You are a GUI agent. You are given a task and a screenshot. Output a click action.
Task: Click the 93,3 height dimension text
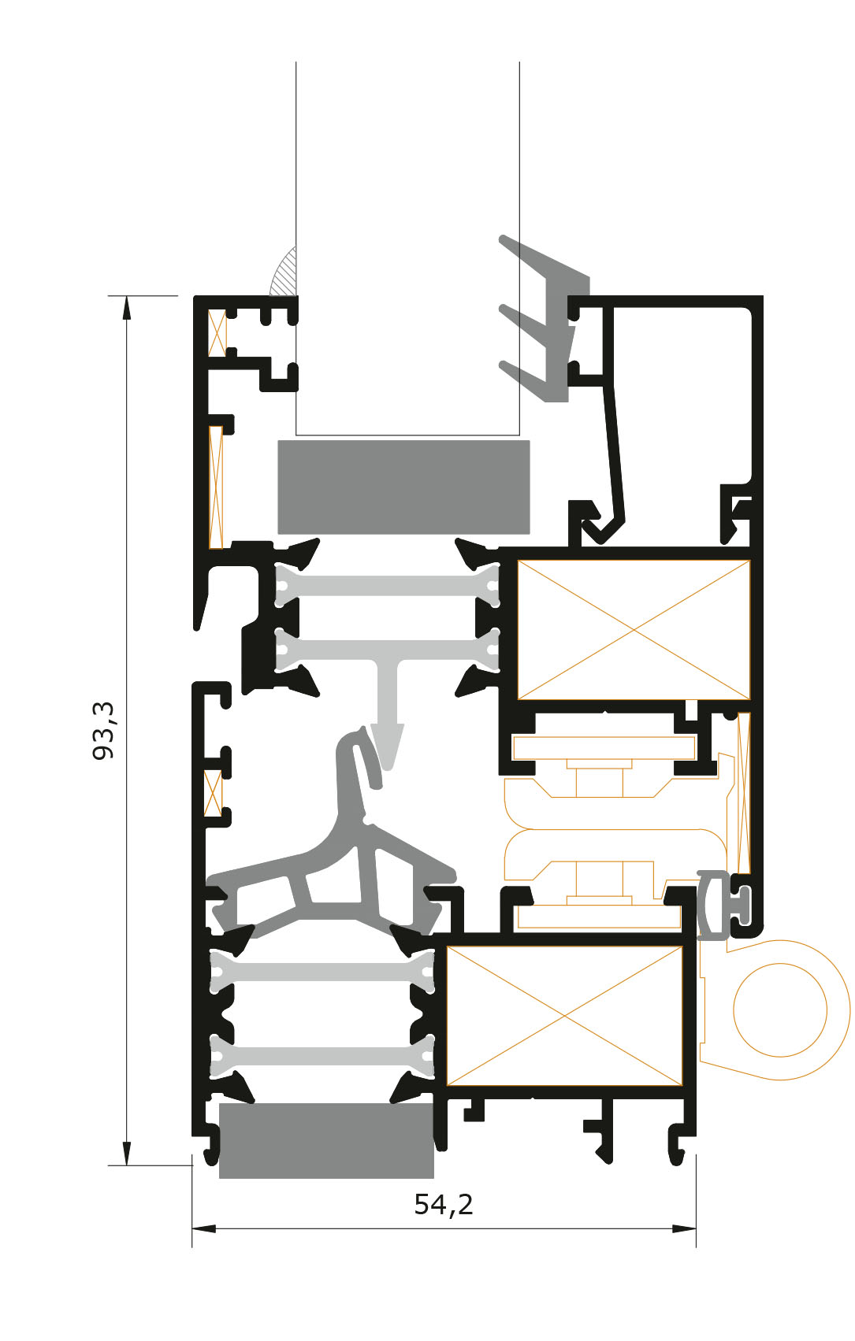(103, 731)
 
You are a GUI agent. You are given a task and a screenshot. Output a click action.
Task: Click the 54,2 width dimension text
(444, 1204)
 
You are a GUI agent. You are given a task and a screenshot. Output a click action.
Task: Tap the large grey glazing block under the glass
(403, 487)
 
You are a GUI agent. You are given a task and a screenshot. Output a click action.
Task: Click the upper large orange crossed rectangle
(634, 629)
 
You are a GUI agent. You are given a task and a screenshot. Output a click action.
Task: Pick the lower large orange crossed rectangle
(565, 1015)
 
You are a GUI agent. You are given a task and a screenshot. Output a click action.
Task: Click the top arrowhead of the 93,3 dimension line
(126, 309)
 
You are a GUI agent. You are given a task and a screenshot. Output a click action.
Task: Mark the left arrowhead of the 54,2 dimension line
(204, 1229)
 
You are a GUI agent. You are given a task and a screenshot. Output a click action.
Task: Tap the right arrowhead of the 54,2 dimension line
(684, 1229)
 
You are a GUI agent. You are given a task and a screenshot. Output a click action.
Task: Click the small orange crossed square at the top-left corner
(217, 332)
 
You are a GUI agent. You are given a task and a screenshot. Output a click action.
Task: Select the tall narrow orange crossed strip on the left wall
(216, 487)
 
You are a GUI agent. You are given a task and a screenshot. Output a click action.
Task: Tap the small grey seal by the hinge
(721, 906)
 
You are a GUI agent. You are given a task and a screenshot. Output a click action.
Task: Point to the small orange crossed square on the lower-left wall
(213, 793)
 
